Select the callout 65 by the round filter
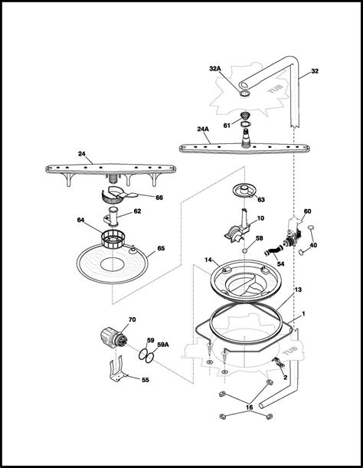[161, 248]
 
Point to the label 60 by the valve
[307, 211]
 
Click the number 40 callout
[313, 245]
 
